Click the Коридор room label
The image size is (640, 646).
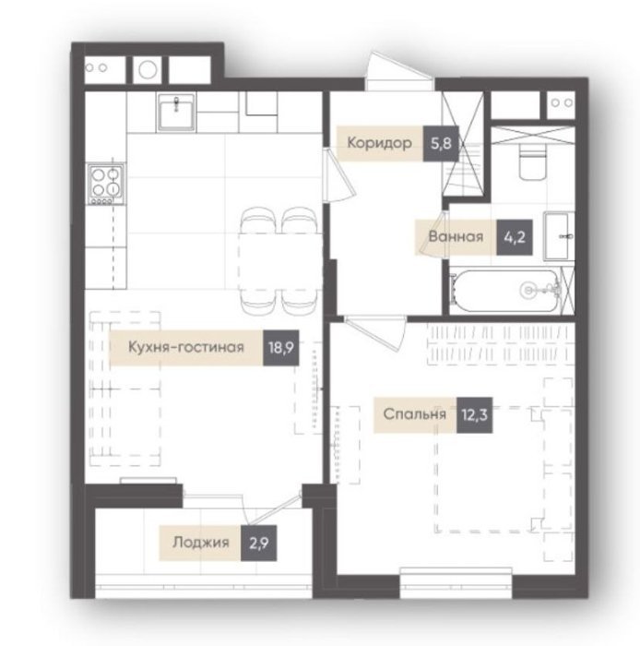coord(379,143)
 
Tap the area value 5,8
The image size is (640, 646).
coord(441,143)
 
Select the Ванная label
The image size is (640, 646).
coord(456,236)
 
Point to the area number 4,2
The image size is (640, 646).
coord(515,237)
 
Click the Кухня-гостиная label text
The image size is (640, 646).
coord(186,347)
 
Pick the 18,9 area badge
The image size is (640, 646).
coord(280,348)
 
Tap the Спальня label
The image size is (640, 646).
coord(414,414)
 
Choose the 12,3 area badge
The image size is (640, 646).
coord(474,415)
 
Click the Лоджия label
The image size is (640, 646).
coord(200,543)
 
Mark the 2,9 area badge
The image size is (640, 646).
coord(258,543)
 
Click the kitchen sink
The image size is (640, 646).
coord(176,112)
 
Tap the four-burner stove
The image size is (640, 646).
coord(106,184)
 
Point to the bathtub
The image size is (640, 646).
coord(506,290)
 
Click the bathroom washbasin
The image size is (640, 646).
coord(560,236)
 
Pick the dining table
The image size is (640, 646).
coord(279,261)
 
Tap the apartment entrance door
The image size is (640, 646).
coord(398,72)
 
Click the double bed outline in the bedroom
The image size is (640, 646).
coord(503,470)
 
